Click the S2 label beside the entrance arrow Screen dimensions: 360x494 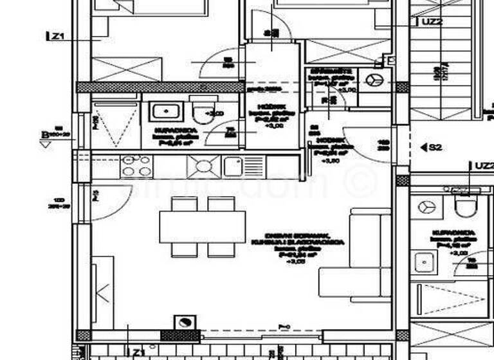pyautogui.click(x=435, y=147)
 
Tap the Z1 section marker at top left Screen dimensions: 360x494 pyautogui.click(x=57, y=37)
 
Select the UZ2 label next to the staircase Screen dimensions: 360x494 pyautogui.click(x=433, y=21)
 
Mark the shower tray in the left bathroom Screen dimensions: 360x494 pyautogui.click(x=115, y=125)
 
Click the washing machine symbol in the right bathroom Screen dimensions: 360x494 pyautogui.click(x=426, y=207)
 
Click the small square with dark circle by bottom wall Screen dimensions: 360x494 pyautogui.click(x=185, y=323)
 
